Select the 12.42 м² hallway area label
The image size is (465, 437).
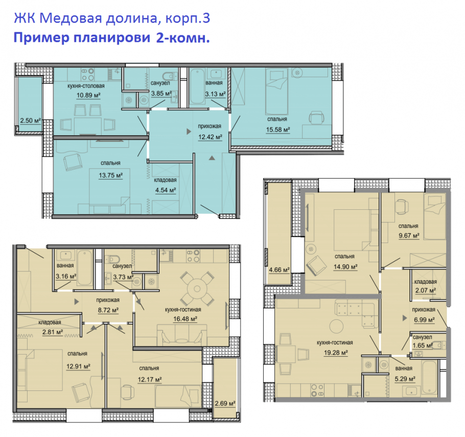pyautogui.click(x=210, y=137)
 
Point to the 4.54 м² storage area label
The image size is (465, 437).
pyautogui.click(x=165, y=190)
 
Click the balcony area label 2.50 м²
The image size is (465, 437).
pyautogui.click(x=30, y=121)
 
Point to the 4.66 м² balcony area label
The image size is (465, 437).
pyautogui.click(x=279, y=270)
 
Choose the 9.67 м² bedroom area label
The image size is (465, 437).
pyautogui.click(x=408, y=235)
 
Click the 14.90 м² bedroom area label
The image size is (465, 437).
pyautogui.click(x=345, y=266)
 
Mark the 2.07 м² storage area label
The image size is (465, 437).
pyautogui.click(x=425, y=291)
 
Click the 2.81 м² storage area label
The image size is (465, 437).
pyautogui.click(x=53, y=332)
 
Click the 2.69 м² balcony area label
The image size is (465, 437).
pyautogui.click(x=225, y=404)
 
